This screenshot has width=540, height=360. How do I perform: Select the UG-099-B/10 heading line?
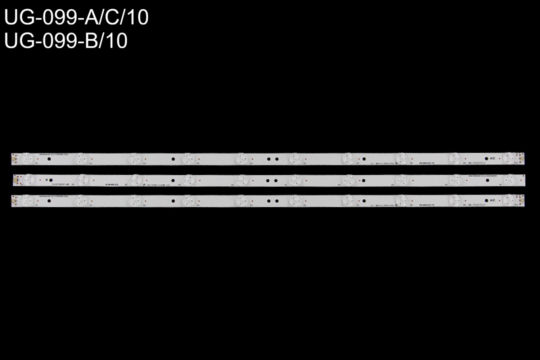[x=66, y=41]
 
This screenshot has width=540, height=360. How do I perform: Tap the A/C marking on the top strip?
[x=493, y=158]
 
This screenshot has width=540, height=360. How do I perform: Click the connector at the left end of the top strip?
[x=14, y=158]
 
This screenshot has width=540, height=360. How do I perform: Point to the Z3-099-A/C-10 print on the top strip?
[x=427, y=163]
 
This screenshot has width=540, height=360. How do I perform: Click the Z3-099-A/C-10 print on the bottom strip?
[x=427, y=204]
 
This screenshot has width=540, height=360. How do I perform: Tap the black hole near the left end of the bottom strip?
[x=49, y=200]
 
